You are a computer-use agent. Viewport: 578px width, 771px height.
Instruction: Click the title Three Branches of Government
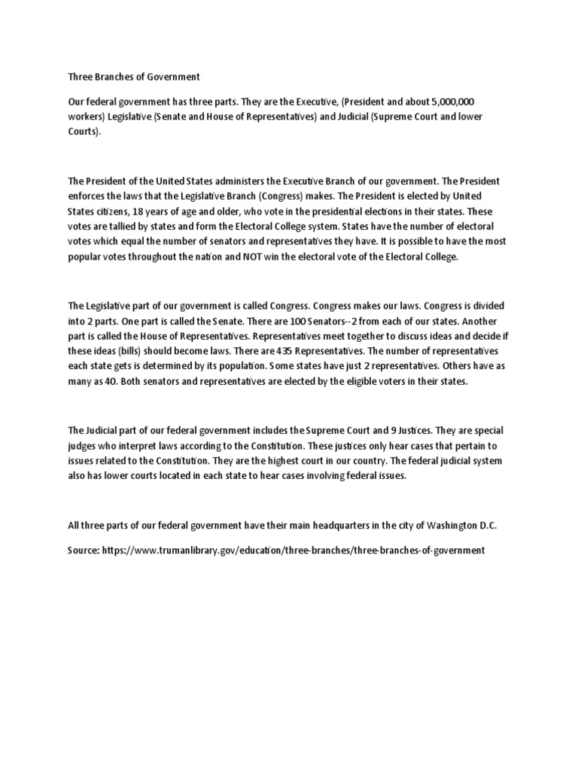coord(134,76)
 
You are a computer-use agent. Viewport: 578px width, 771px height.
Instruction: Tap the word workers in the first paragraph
coord(85,115)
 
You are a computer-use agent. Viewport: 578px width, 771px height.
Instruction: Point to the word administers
coord(232,181)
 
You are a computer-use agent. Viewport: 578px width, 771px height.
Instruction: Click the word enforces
coord(87,196)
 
